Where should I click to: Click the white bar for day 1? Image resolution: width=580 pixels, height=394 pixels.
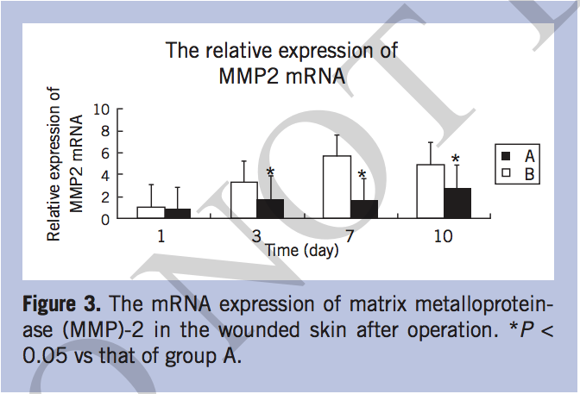[151, 212]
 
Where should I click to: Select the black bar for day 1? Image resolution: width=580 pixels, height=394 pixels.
[177, 213]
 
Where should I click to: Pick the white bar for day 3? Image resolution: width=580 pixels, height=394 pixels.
[244, 200]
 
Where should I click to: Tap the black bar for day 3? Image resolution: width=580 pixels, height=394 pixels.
[270, 208]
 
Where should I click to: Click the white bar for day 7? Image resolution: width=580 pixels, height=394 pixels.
[336, 186]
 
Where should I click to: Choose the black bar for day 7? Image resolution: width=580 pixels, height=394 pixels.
[362, 209]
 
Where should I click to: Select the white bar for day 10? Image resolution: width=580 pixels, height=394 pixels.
[430, 191]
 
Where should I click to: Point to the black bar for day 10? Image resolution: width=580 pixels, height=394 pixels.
[457, 203]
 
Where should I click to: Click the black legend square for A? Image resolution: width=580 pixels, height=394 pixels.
[507, 156]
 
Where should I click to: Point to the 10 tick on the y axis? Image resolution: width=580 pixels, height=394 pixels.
[102, 110]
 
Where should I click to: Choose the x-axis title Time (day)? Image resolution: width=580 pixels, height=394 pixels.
[302, 250]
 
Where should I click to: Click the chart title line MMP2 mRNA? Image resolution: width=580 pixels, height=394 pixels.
[282, 75]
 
